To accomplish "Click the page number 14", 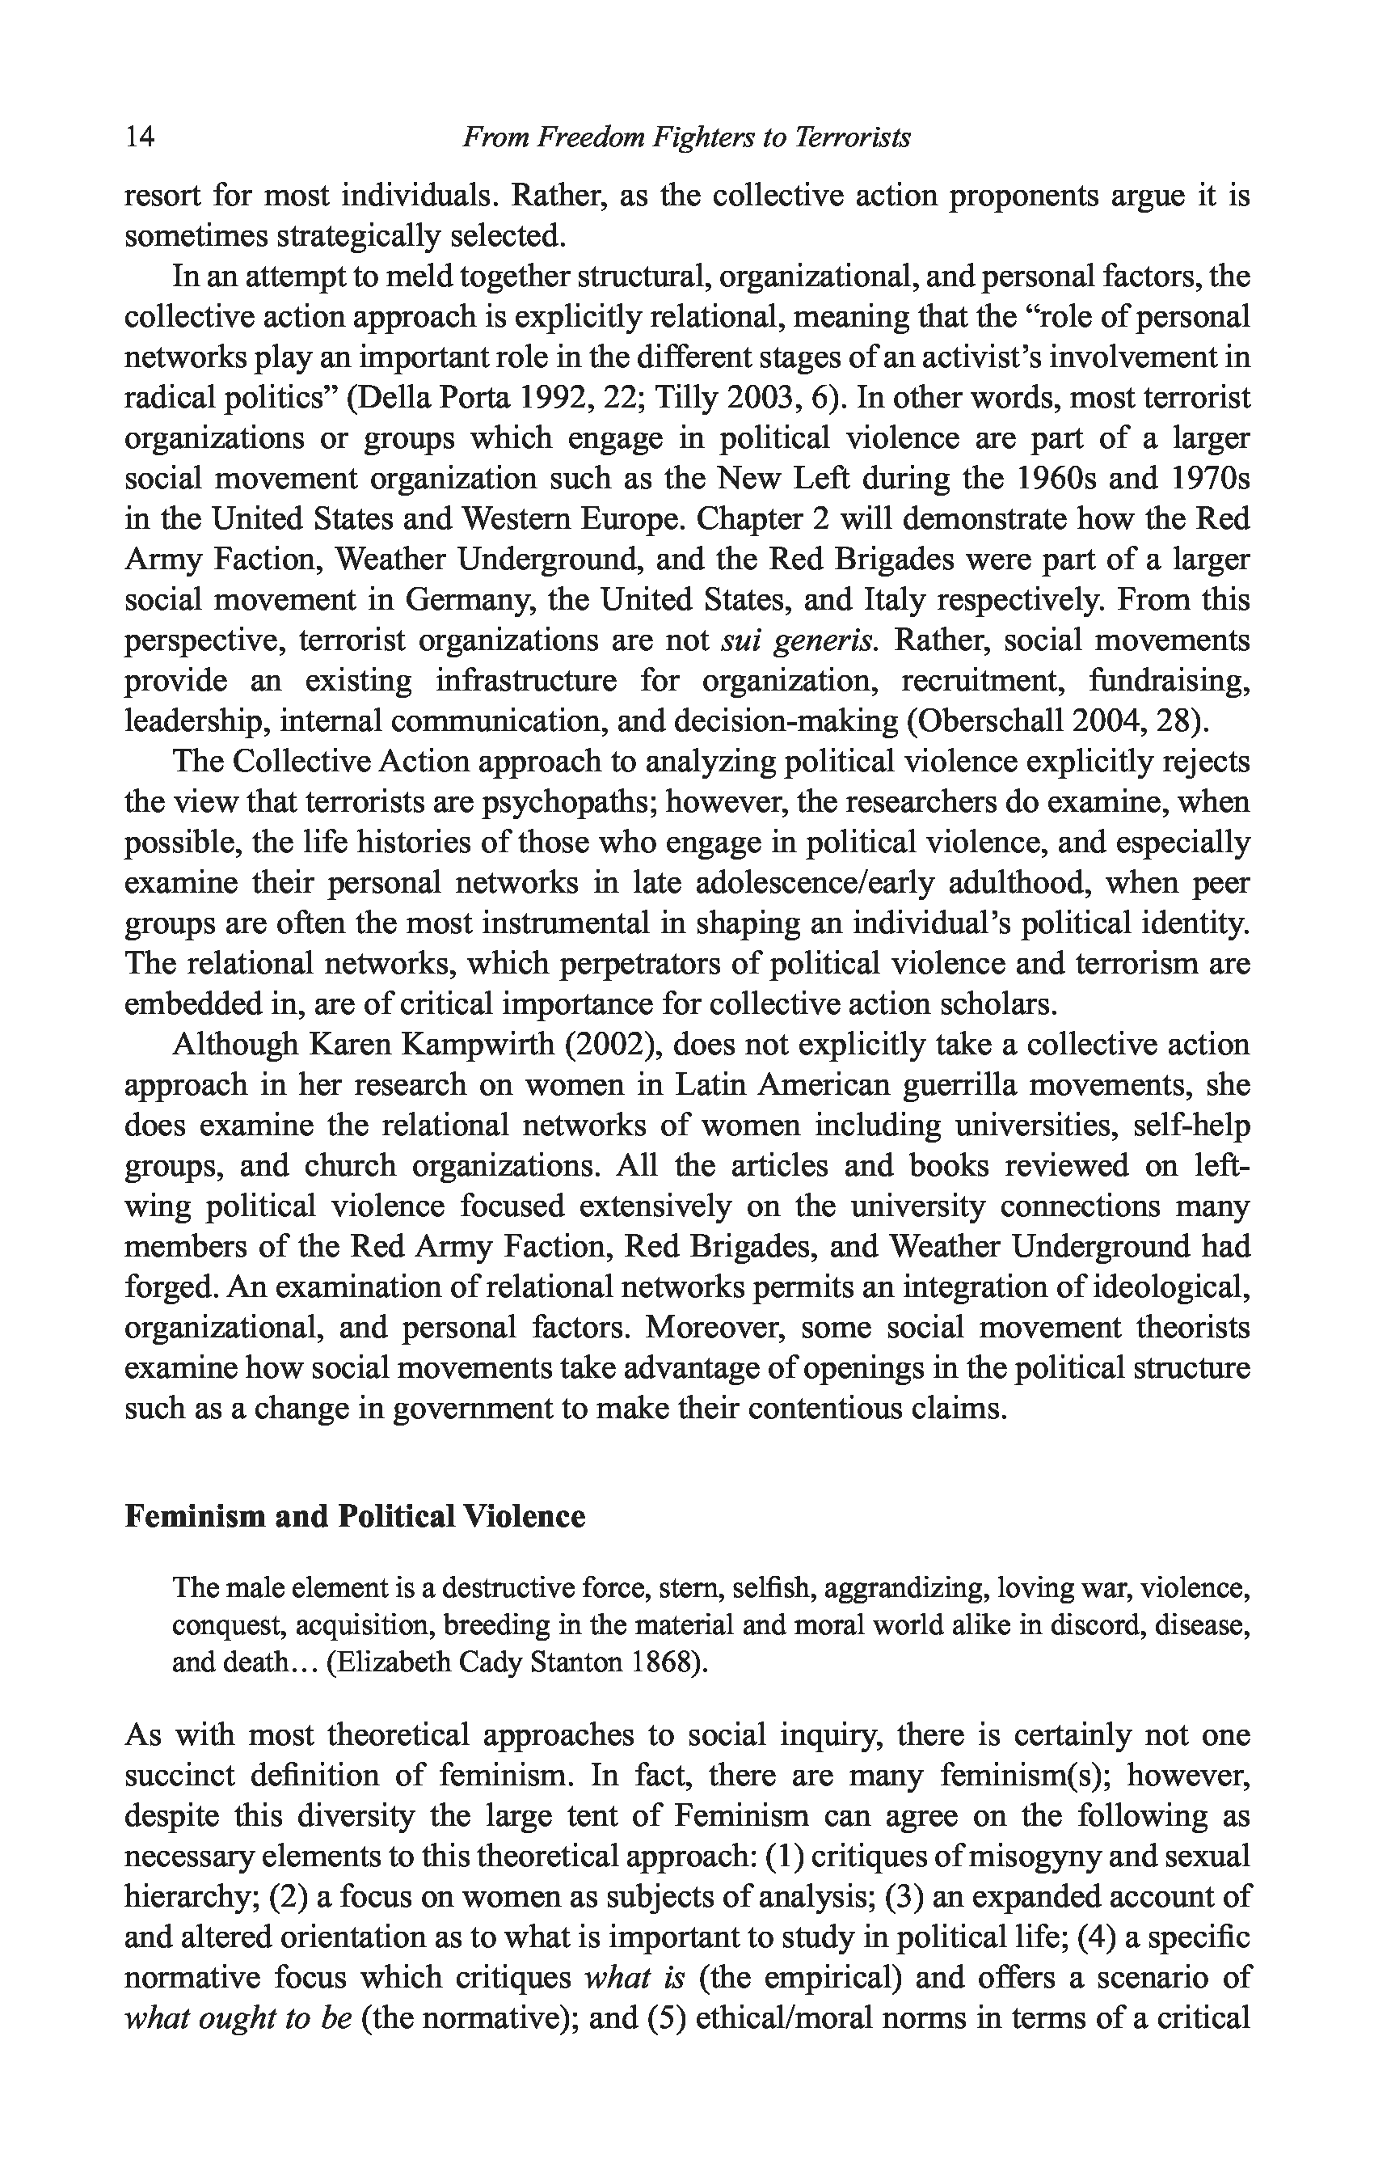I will point(140,137).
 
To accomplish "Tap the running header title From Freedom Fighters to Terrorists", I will point(686,137).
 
